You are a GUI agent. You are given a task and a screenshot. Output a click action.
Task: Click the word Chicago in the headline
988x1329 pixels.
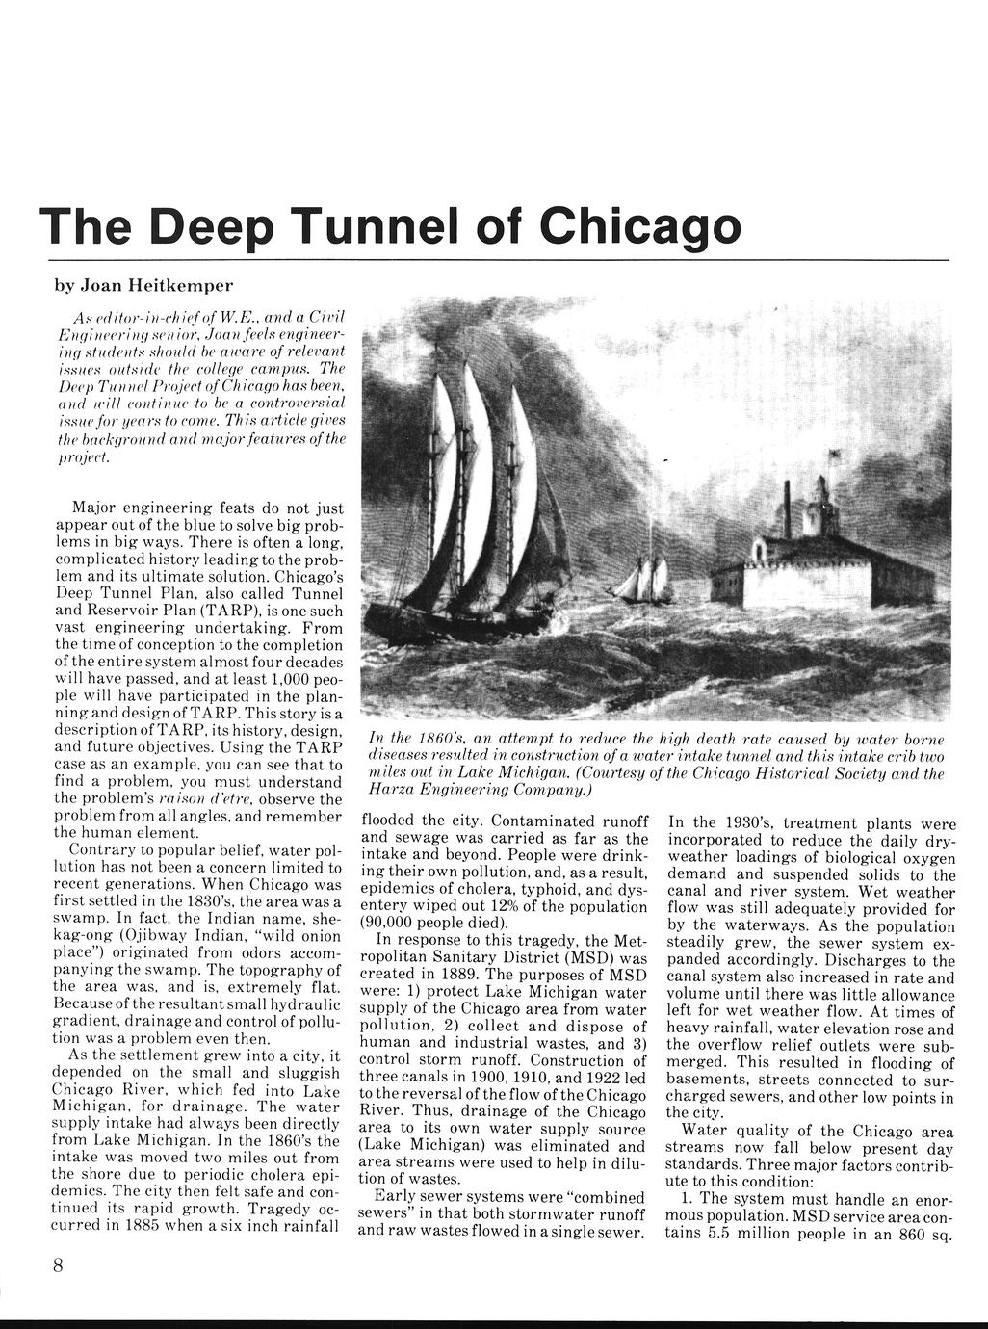[x=640, y=226]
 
